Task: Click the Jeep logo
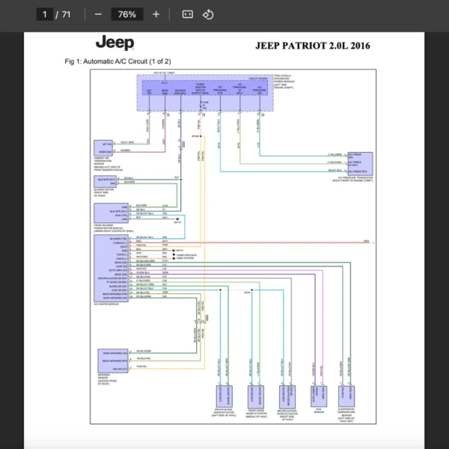[x=114, y=44]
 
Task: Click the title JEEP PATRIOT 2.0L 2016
[x=312, y=46]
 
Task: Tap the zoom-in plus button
[x=156, y=14]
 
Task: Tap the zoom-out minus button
[x=98, y=14]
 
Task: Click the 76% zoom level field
[x=126, y=14]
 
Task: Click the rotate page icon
[x=209, y=14]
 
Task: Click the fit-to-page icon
[x=188, y=14]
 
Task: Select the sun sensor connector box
[x=320, y=395]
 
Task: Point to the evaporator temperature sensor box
[x=346, y=395]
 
